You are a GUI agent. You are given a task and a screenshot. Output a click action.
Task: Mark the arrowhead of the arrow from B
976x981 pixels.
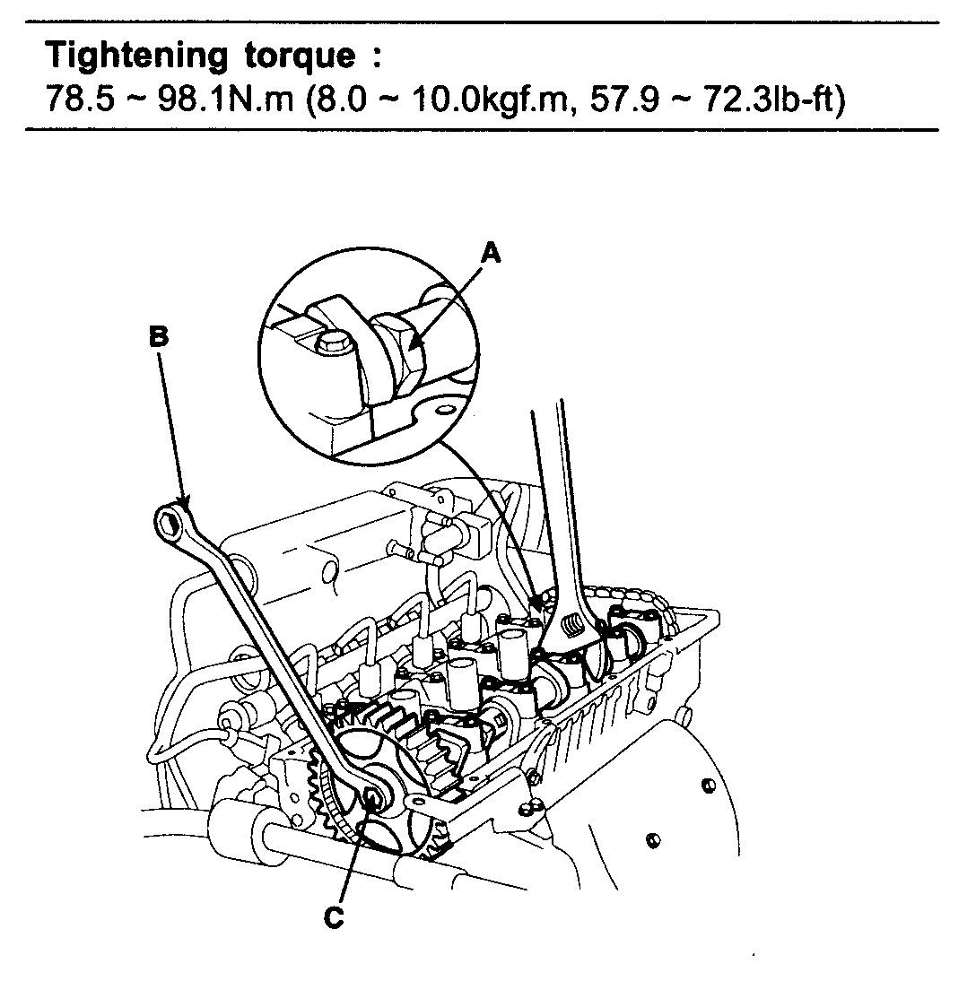(186, 505)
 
